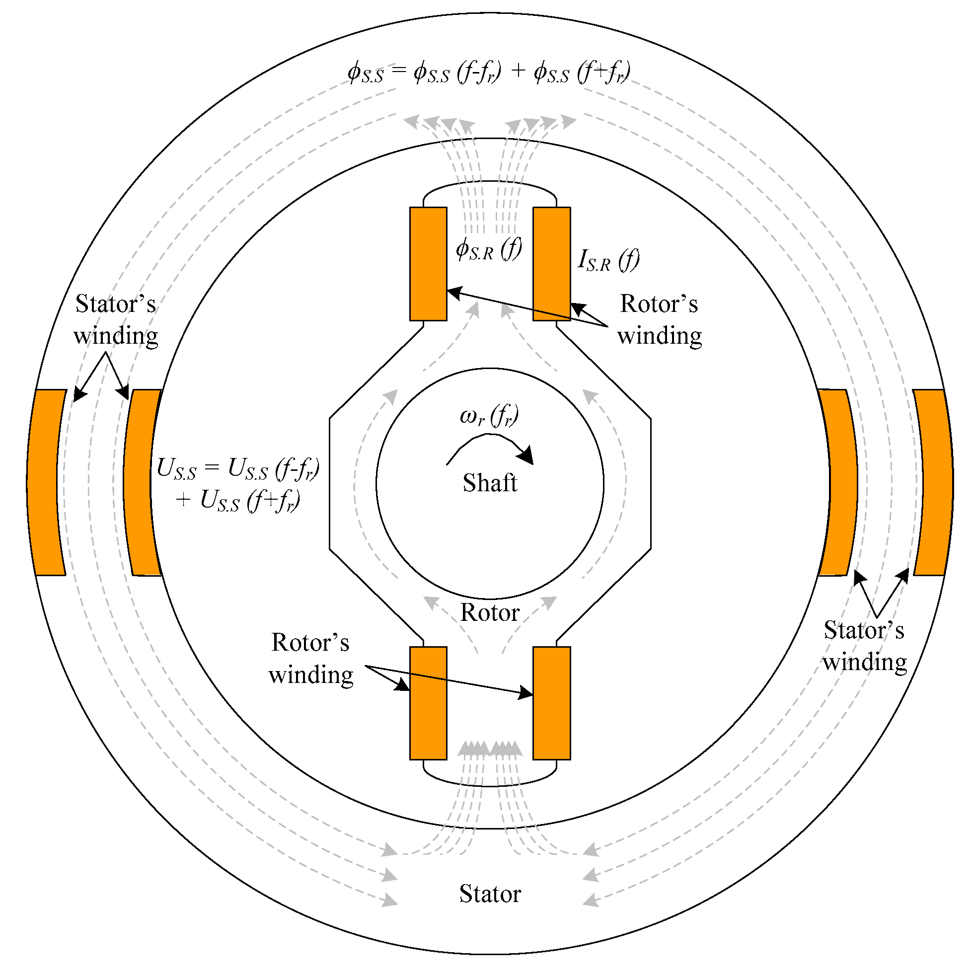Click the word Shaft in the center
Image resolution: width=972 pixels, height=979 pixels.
pos(490,483)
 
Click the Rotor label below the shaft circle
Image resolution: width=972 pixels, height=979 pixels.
pos(490,612)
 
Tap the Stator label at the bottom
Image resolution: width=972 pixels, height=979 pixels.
pos(490,894)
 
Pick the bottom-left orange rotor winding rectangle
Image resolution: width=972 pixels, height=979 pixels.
pos(428,703)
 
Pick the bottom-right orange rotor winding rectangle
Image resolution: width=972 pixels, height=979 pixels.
pos(551,703)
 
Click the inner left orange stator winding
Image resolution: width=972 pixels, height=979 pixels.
pos(141,482)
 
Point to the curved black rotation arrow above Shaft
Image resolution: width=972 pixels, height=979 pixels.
pos(490,449)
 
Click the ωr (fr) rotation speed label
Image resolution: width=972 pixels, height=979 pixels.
pos(489,416)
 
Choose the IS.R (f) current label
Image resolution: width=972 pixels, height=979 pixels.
pos(608,260)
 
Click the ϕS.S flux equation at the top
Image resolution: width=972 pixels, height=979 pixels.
pos(489,72)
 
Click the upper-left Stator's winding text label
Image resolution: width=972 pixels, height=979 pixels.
pos(116,320)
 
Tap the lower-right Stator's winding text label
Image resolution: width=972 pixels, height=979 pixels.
pos(864,646)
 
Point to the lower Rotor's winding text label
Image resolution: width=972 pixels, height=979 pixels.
pos(310,659)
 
